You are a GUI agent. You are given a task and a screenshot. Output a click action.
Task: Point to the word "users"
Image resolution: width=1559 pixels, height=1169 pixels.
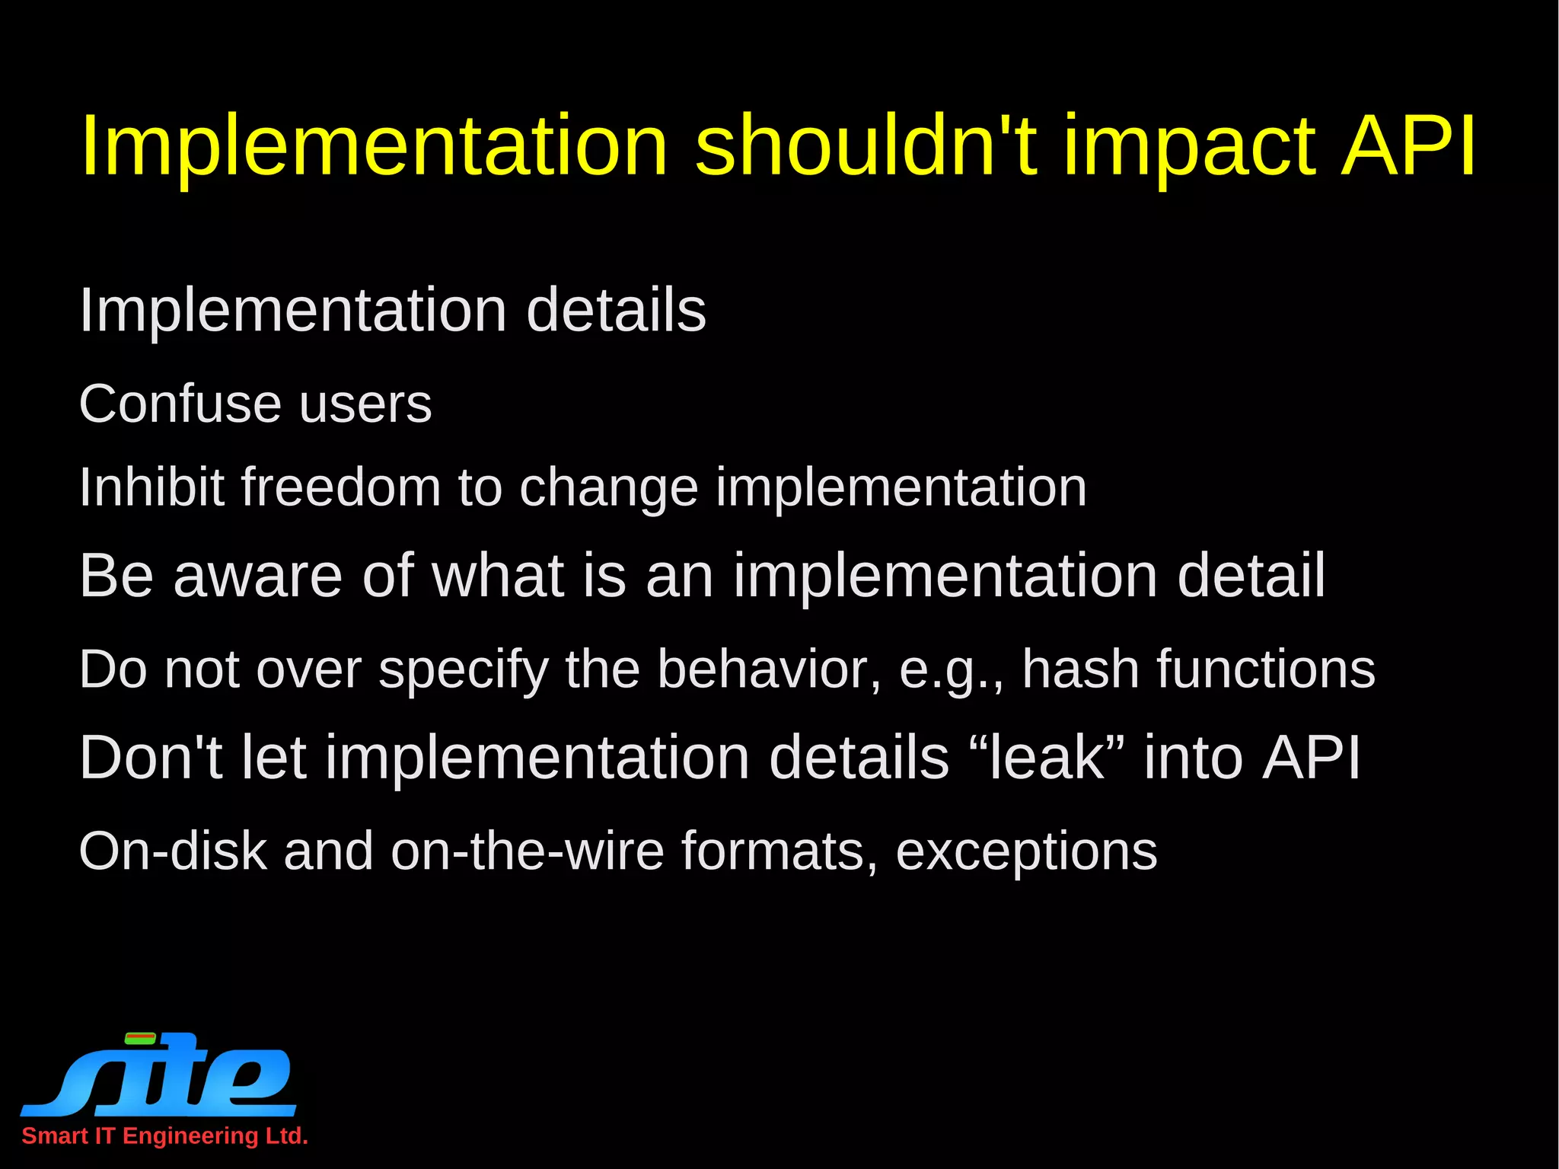coord(365,405)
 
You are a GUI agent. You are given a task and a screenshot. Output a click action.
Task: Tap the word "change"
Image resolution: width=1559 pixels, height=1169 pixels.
coord(608,489)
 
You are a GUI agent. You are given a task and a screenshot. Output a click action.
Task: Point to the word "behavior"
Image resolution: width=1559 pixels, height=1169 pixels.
coord(769,669)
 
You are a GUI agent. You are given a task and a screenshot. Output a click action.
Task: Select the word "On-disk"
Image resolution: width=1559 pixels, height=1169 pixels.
coord(173,851)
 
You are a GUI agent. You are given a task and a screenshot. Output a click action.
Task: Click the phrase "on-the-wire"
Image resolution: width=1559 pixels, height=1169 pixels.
coord(528,851)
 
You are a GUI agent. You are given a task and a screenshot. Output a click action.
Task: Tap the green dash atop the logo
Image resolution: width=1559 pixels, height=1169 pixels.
coord(140,1037)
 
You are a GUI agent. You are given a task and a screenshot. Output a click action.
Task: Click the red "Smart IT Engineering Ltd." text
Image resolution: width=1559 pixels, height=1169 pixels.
coord(164,1135)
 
